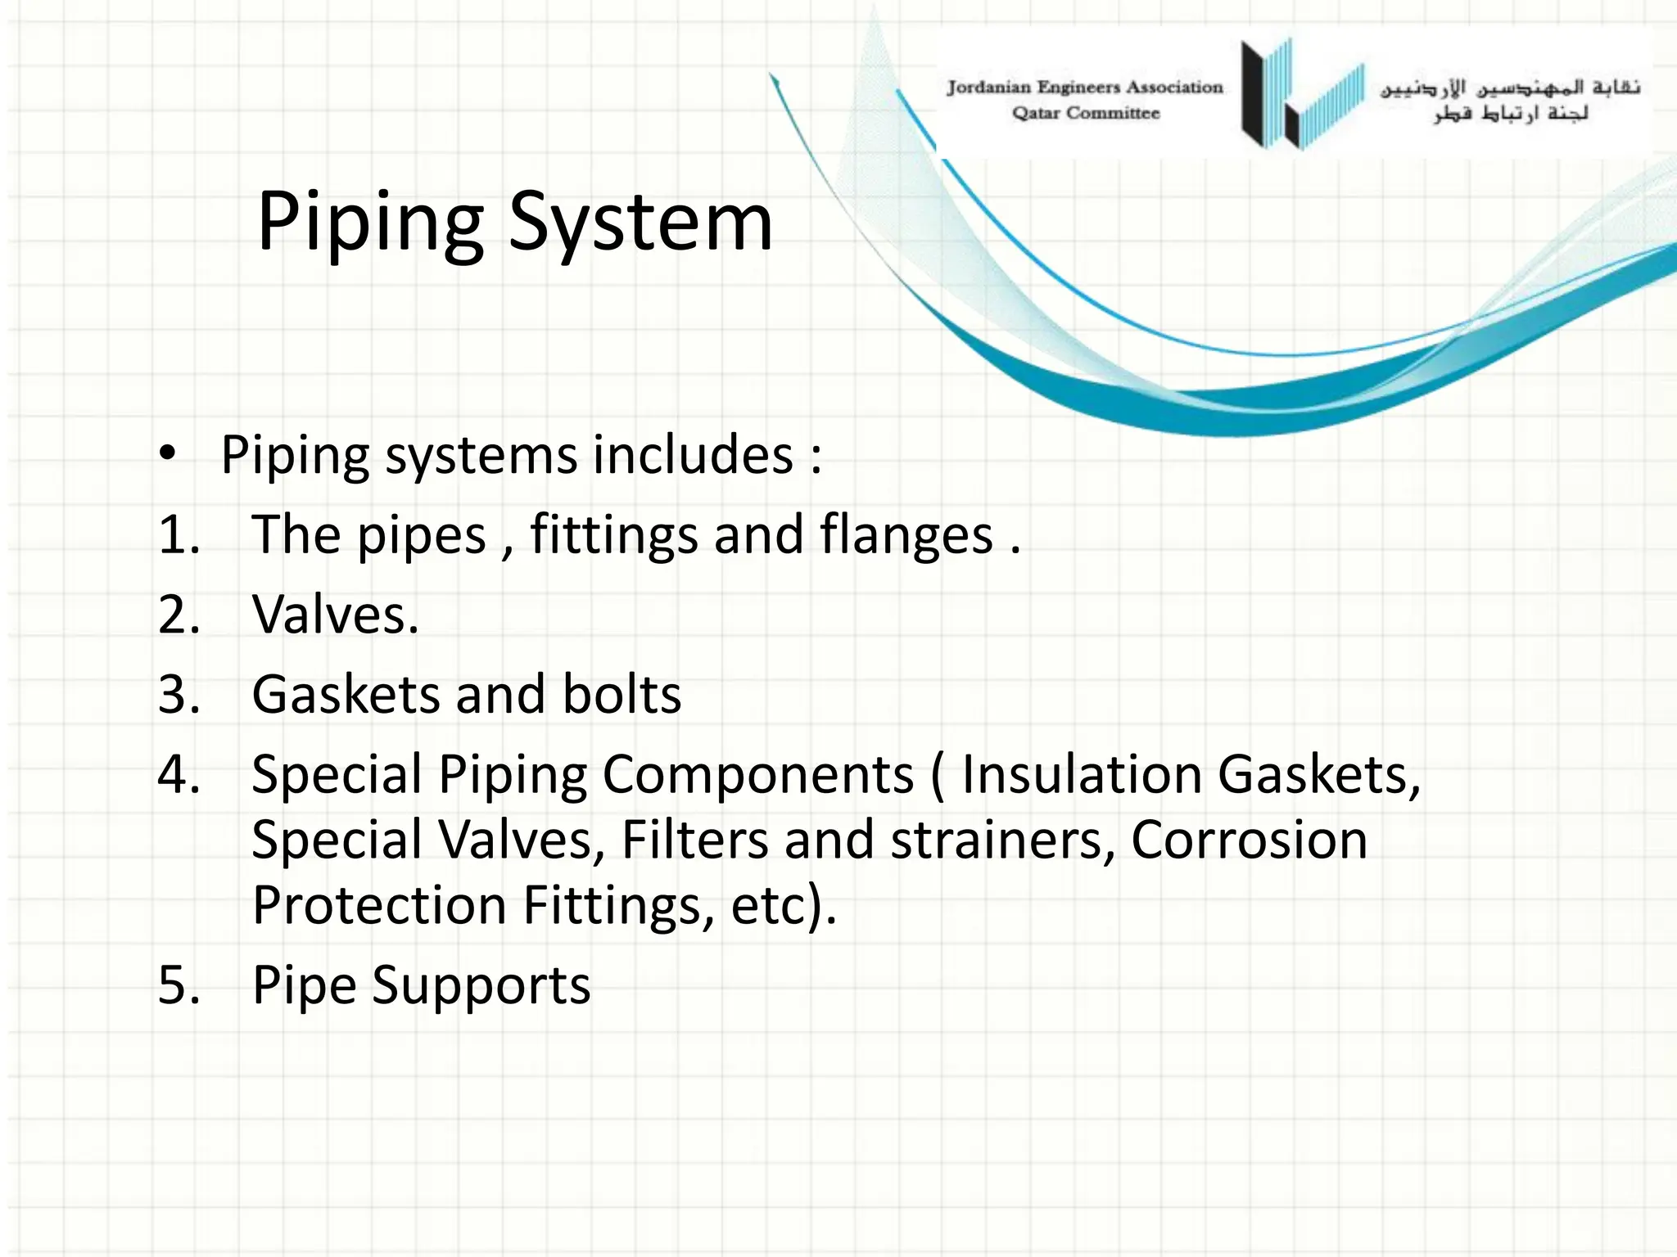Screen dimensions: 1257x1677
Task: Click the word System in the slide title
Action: pos(640,221)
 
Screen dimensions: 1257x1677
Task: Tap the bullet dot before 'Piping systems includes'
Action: pos(168,453)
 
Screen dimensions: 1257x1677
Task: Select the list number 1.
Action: pos(179,534)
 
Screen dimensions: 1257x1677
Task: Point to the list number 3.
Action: pos(179,694)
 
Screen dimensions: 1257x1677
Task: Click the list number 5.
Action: pos(179,984)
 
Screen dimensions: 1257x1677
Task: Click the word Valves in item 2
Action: pos(335,614)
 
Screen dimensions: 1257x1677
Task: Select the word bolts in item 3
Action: pos(622,694)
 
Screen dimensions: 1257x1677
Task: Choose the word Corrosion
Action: pos(1249,840)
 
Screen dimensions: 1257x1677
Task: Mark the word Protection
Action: pos(379,905)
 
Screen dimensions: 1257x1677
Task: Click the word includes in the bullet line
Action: pos(693,454)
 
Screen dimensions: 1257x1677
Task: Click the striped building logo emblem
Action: pos(1302,94)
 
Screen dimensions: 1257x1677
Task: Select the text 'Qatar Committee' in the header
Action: pos(1086,113)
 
